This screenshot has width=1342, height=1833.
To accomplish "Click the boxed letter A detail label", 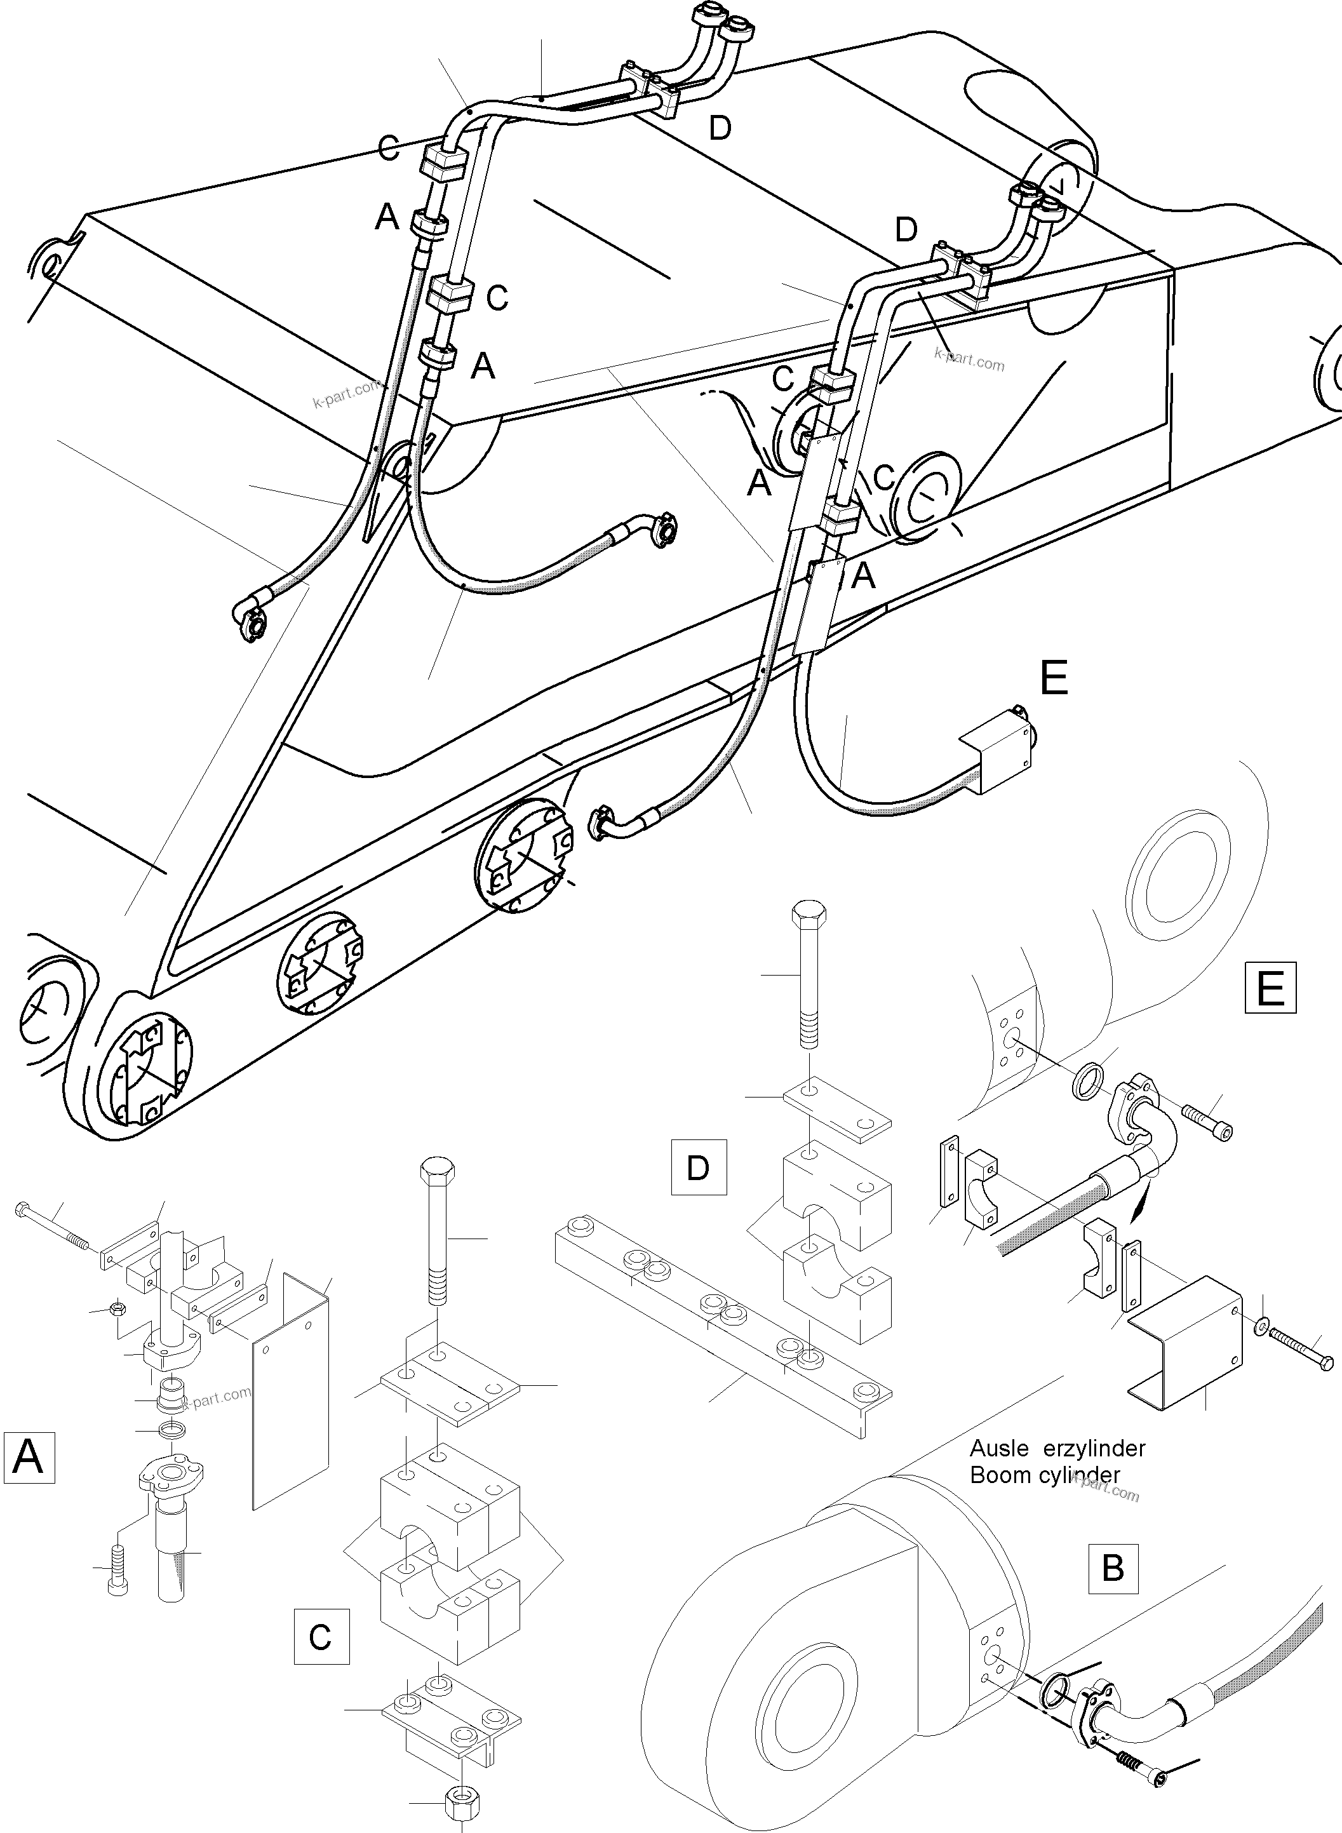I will pyautogui.click(x=29, y=1457).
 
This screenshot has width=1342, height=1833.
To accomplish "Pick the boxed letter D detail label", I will pyautogui.click(x=698, y=1167).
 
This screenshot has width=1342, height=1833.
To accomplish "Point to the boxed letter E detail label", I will pyautogui.click(x=1270, y=988).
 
